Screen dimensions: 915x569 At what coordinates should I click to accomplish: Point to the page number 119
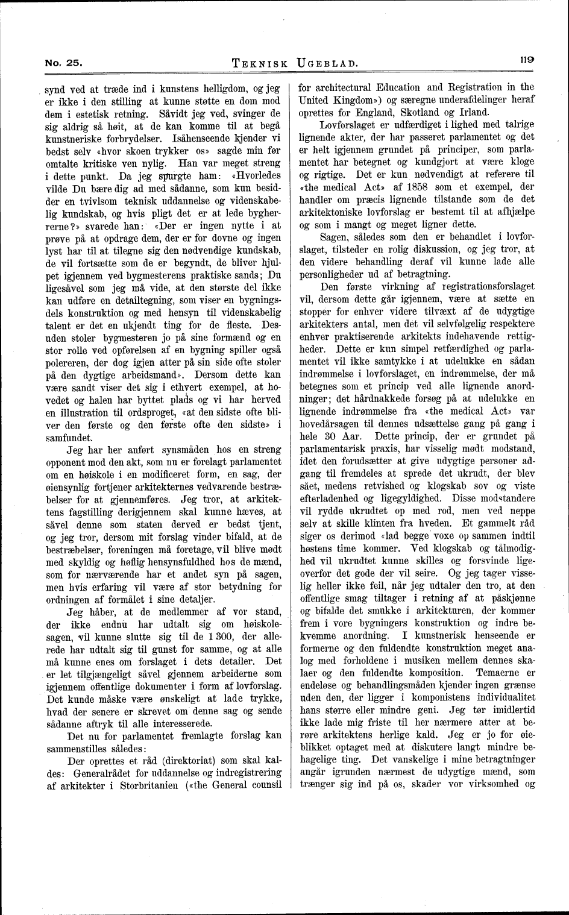coord(526,60)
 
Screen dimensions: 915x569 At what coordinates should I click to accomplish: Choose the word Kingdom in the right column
coord(360,99)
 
